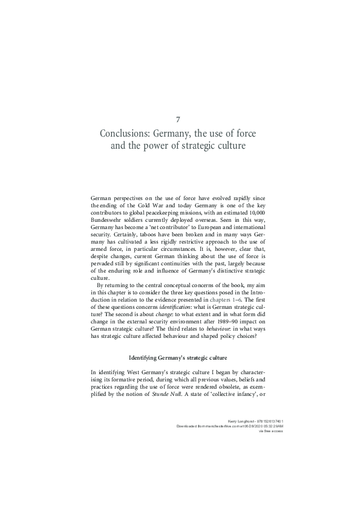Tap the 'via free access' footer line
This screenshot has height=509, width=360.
[271, 430]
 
